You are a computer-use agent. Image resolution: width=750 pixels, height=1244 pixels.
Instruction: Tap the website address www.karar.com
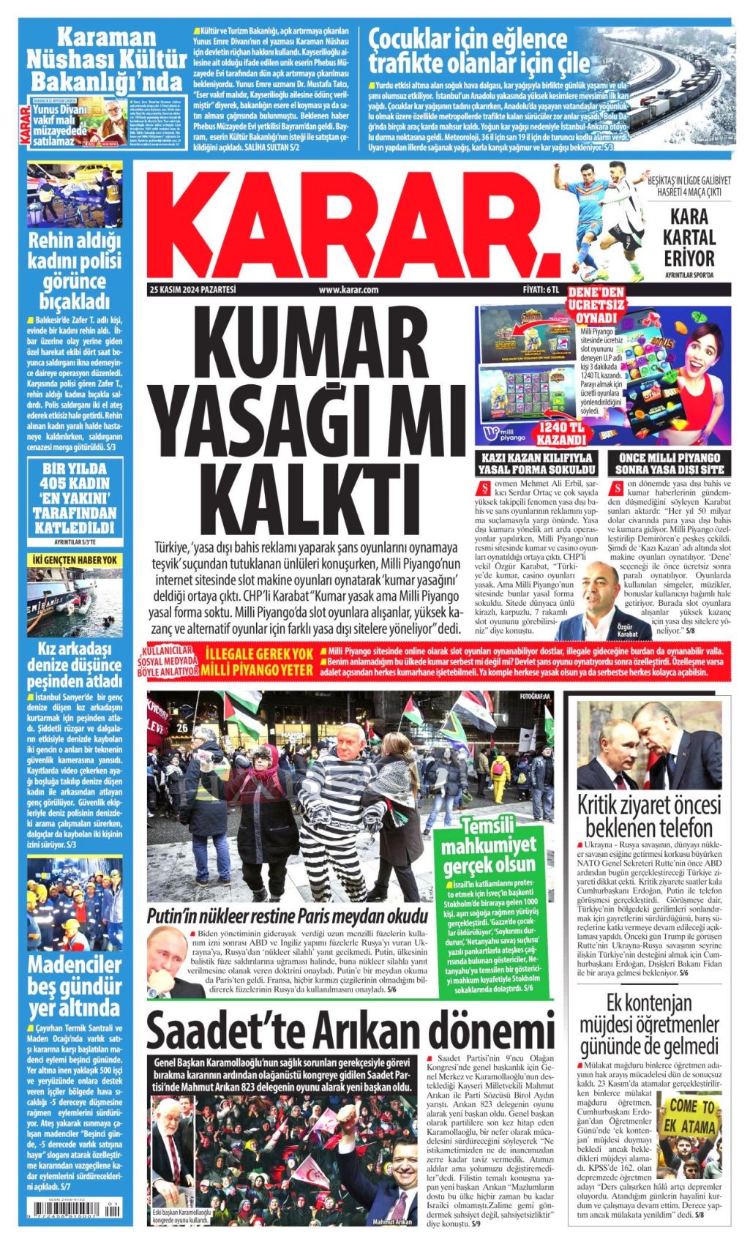[x=348, y=290]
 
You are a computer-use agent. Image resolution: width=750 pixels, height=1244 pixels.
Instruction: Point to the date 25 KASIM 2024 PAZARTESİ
[x=192, y=290]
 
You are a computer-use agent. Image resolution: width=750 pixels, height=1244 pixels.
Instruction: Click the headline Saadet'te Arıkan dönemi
[x=350, y=1031]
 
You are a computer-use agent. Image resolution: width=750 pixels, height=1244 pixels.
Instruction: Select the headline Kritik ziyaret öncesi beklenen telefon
[x=645, y=817]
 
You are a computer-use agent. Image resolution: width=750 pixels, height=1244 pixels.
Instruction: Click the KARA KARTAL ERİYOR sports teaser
[x=689, y=237]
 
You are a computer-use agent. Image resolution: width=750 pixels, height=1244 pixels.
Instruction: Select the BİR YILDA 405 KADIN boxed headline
[x=75, y=498]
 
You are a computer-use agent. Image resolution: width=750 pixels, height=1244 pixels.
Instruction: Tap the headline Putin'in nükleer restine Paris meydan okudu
[x=287, y=916]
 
